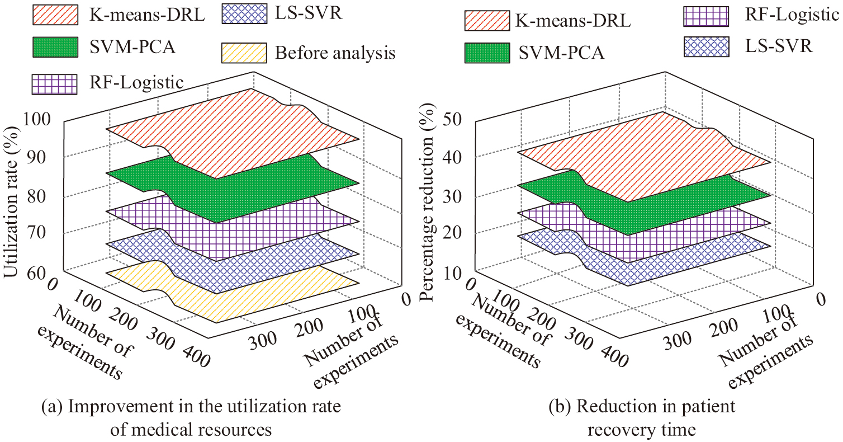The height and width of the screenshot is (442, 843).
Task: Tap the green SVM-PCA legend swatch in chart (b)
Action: [x=487, y=52]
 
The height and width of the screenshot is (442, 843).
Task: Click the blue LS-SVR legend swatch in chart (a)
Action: [x=241, y=15]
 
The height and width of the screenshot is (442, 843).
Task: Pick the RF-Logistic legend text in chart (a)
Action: [x=136, y=83]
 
